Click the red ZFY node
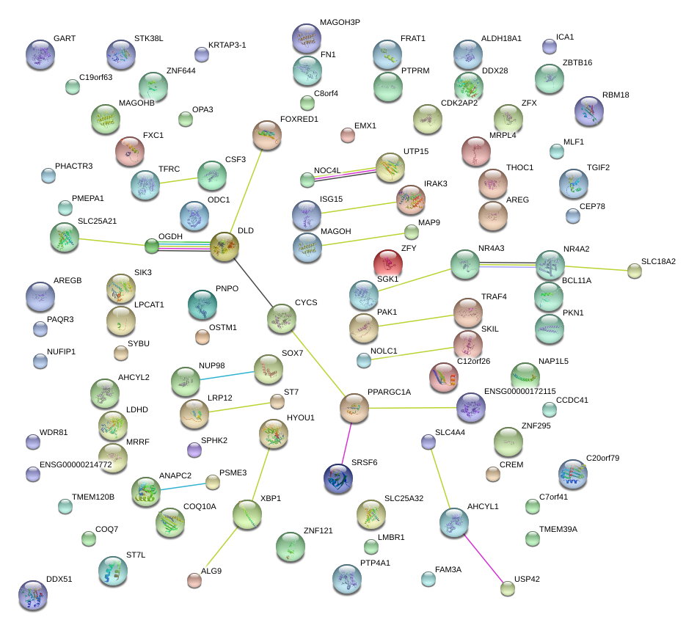(388, 263)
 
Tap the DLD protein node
(224, 248)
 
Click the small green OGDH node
(152, 246)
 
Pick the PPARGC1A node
(354, 408)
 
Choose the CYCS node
(280, 317)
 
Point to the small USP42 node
(507, 587)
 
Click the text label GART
(65, 38)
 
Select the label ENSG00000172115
(520, 392)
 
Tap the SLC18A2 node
(635, 271)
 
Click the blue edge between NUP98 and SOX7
(226, 375)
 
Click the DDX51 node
(32, 595)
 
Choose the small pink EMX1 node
(348, 134)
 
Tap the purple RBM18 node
(588, 111)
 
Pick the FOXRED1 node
(266, 135)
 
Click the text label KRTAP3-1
(227, 45)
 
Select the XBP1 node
(247, 515)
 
